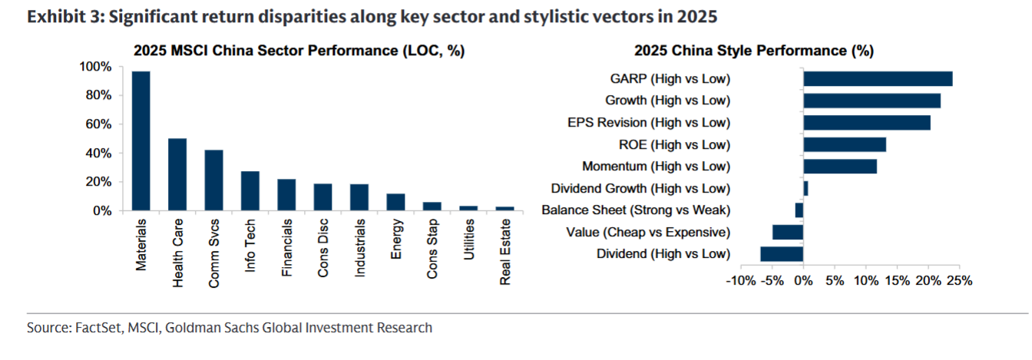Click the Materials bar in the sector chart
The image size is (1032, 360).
[x=141, y=141]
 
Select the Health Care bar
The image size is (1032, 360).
[x=177, y=174]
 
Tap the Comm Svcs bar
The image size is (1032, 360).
[x=213, y=180]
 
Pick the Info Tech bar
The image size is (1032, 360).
[x=250, y=191]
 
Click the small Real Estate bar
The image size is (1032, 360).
[x=505, y=209]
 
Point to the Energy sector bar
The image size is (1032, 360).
[x=395, y=202]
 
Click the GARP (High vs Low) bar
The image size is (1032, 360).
[x=878, y=79]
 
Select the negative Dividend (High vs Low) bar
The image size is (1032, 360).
[x=782, y=254]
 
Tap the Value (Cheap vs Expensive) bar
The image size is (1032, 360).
[x=788, y=232]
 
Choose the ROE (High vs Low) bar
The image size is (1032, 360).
[x=845, y=144]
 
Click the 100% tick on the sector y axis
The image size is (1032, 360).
[x=95, y=67]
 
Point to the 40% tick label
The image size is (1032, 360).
[x=98, y=154]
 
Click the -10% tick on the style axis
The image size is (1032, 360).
[x=741, y=281]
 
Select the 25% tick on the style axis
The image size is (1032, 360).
[x=960, y=281]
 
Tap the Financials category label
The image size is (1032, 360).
[x=286, y=248]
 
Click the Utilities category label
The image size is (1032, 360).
[x=468, y=239]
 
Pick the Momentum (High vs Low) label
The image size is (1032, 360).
[x=657, y=167]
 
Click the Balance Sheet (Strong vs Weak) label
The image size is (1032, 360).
[x=637, y=210]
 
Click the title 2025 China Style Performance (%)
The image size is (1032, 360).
[x=754, y=51]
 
